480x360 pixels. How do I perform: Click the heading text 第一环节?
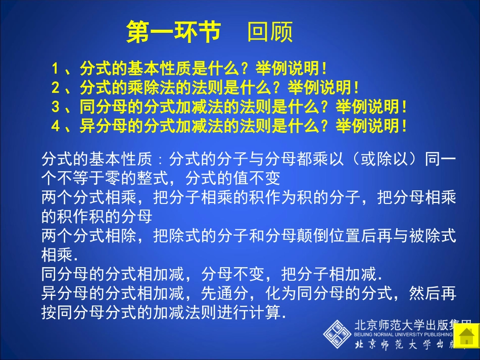point(173,32)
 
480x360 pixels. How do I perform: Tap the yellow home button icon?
point(465,336)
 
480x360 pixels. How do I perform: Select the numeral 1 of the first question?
point(55,68)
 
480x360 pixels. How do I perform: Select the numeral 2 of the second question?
point(55,88)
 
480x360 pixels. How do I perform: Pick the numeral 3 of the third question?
point(55,107)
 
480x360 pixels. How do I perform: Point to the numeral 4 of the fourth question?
point(55,126)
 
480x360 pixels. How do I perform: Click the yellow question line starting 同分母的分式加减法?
point(243,107)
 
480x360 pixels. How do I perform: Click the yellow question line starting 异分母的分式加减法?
point(243,126)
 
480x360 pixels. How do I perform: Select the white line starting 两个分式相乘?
point(248,198)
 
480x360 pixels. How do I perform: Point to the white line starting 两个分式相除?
point(248,235)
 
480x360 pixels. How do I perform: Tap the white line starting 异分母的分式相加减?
point(248,293)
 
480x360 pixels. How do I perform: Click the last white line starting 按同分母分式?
point(164,312)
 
